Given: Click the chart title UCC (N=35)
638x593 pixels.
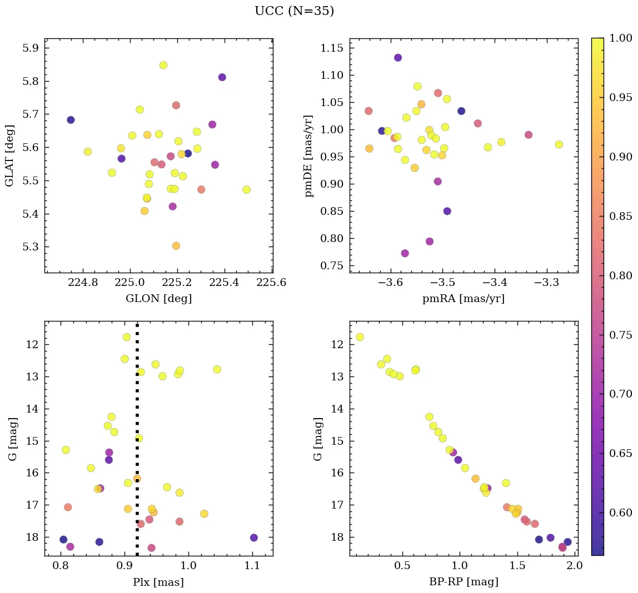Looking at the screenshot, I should (x=294, y=12).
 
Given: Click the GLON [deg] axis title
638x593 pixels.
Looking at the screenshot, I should (x=158, y=299).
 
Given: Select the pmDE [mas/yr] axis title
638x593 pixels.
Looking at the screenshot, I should (x=309, y=156).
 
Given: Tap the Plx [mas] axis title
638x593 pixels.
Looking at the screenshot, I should (x=158, y=582).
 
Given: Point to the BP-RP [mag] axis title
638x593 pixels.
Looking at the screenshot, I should (x=463, y=582).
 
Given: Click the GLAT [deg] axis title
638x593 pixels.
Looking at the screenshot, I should (x=9, y=156).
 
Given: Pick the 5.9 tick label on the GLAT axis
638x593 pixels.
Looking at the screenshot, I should (x=31, y=48).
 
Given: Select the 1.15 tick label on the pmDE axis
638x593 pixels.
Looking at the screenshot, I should (x=332, y=48).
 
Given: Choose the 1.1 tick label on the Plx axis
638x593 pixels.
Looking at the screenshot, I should (x=253, y=565).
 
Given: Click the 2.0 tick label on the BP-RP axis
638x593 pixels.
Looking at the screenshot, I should (x=574, y=565).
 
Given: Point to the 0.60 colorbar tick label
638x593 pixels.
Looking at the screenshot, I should (x=620, y=512).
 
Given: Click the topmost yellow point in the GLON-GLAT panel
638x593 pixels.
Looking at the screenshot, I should (x=163, y=65).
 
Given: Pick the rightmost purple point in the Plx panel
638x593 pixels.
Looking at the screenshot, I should (x=254, y=537).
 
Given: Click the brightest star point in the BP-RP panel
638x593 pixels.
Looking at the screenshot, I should (x=360, y=337).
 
